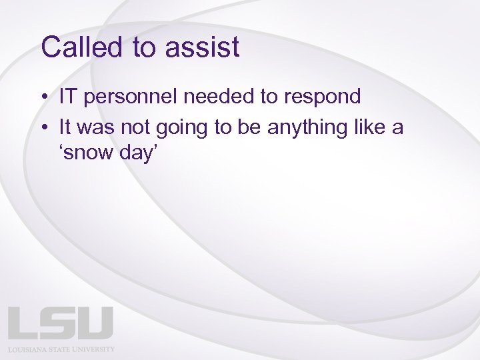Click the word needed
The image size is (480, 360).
(219, 97)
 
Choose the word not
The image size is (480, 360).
(137, 127)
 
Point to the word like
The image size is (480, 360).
(372, 127)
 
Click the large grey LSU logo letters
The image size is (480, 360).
(61, 323)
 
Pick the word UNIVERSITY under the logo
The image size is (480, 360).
(93, 349)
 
